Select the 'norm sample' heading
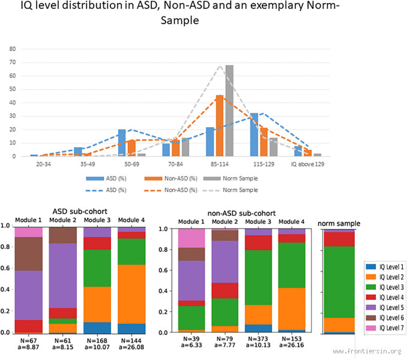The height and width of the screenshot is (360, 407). click(339, 223)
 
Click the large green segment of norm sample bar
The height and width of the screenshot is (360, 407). click(339, 282)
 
